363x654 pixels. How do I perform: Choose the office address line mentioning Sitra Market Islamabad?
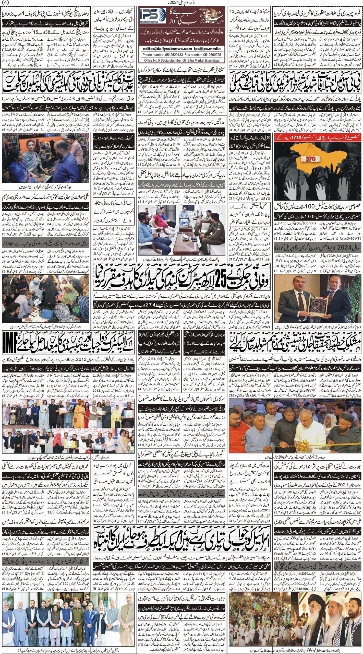[x=182, y=60]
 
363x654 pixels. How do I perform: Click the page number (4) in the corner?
[x=5, y=3]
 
